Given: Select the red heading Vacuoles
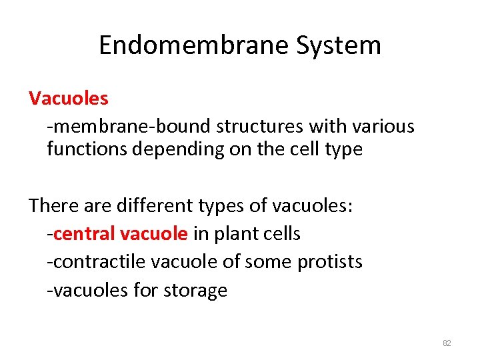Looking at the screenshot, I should [69, 99].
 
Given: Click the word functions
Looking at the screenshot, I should [87, 149].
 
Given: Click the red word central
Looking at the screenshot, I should [85, 234].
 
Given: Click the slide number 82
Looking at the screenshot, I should [447, 343].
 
